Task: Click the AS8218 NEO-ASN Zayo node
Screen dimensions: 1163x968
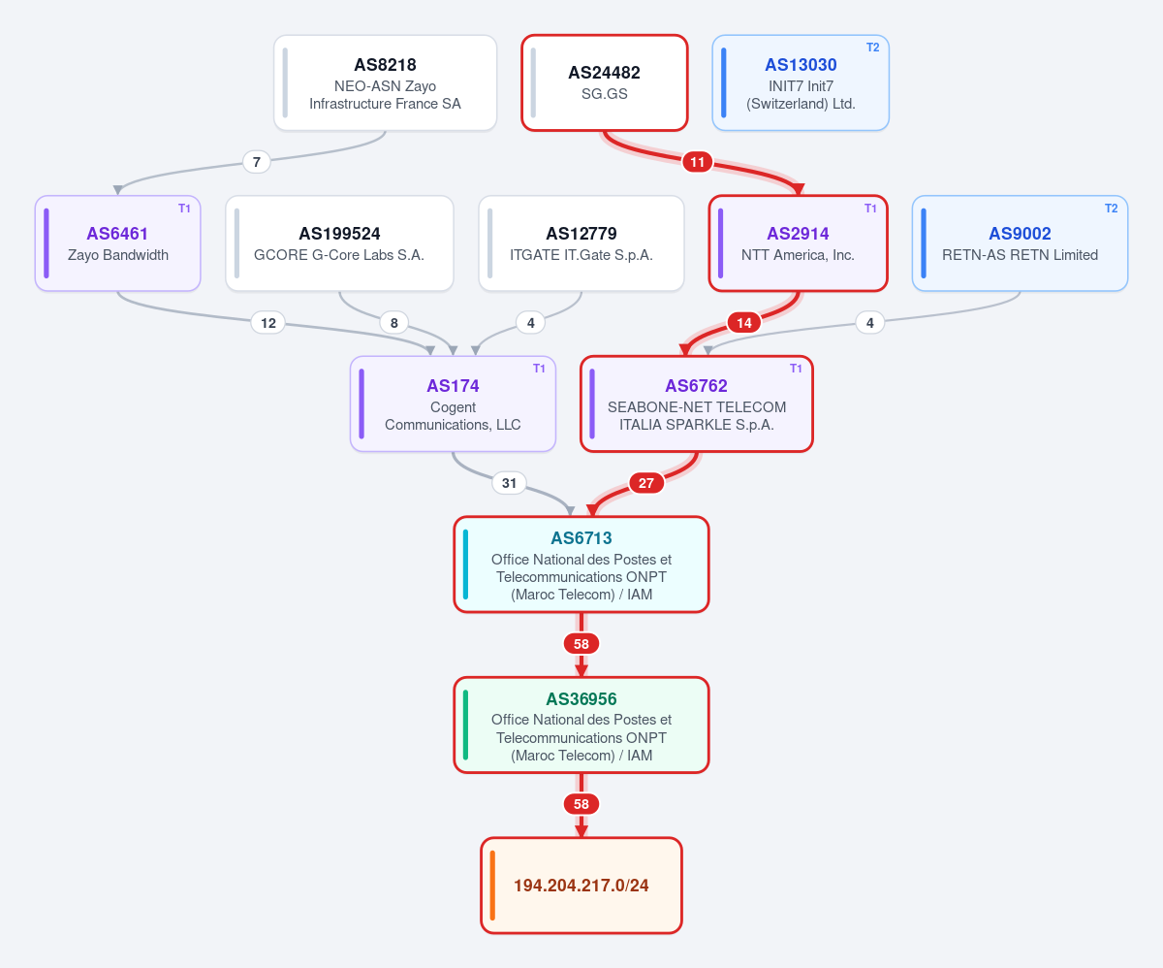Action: (x=385, y=83)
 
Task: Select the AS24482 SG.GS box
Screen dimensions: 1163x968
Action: (x=605, y=83)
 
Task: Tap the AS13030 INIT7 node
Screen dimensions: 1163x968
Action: (x=801, y=83)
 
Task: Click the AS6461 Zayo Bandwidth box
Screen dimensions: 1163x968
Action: (x=117, y=243)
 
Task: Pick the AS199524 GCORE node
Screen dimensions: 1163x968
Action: (x=339, y=243)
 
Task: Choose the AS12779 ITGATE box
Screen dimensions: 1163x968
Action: (x=581, y=243)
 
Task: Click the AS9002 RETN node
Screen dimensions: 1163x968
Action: (x=1020, y=243)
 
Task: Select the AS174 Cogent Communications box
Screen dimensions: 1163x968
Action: (x=453, y=403)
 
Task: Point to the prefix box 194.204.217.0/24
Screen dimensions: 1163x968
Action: (x=581, y=886)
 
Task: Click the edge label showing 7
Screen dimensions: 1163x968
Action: (x=256, y=162)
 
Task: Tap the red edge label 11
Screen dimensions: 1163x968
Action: (x=698, y=162)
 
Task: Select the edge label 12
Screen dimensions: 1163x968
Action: (x=268, y=323)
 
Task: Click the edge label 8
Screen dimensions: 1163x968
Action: (x=393, y=323)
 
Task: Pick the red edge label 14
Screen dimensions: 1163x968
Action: (x=744, y=323)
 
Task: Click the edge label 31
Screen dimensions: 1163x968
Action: (x=509, y=483)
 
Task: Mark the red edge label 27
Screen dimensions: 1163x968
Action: (x=646, y=483)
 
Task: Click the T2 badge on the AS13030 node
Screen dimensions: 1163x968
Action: (x=873, y=48)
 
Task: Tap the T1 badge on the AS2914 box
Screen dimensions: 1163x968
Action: (x=870, y=209)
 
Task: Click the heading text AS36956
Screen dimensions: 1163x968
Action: (x=581, y=698)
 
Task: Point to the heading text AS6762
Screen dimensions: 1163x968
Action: (x=696, y=386)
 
